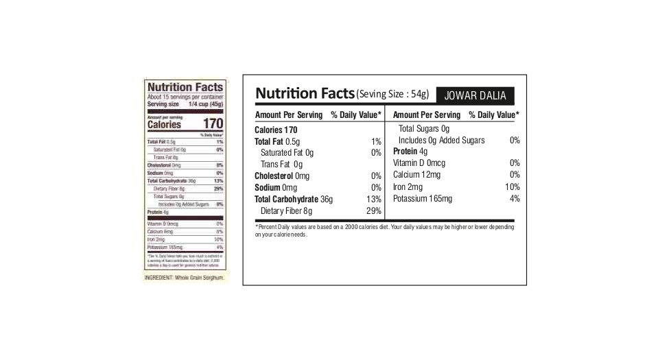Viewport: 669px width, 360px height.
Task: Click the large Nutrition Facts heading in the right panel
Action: (x=305, y=93)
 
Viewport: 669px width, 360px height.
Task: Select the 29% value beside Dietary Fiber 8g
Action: (x=373, y=211)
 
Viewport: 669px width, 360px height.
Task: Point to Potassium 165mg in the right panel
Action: (x=423, y=199)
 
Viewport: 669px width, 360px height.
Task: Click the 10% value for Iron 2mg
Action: (x=512, y=187)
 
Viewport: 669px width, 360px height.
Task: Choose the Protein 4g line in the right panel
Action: (x=410, y=152)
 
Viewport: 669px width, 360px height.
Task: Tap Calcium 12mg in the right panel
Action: (x=416, y=175)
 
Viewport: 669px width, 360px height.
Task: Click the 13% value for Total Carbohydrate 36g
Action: (x=373, y=199)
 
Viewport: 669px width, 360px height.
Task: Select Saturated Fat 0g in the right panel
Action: (x=287, y=153)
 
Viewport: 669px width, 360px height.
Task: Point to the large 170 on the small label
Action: (x=213, y=124)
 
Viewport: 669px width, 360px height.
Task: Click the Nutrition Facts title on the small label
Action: (x=185, y=87)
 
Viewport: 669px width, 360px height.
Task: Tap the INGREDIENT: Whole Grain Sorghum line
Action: (x=185, y=277)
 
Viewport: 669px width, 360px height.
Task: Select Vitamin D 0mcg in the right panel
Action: (x=419, y=163)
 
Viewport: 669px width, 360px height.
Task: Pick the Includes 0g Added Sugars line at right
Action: (x=441, y=140)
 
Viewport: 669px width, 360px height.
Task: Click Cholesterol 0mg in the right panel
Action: (x=282, y=176)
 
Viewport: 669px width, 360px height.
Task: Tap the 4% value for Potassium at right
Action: (x=515, y=199)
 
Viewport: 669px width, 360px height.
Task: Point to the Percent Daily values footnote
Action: (x=384, y=230)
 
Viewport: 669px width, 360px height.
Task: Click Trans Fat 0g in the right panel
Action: (x=281, y=165)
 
